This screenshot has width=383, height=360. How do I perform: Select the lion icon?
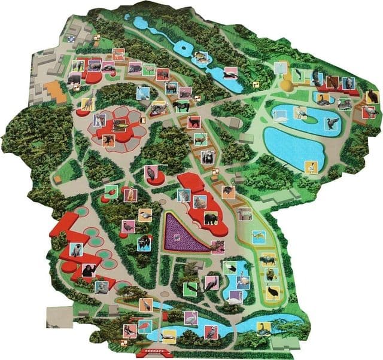108,140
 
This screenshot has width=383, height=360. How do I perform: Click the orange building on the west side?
54,91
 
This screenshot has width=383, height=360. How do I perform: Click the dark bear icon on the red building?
211,219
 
